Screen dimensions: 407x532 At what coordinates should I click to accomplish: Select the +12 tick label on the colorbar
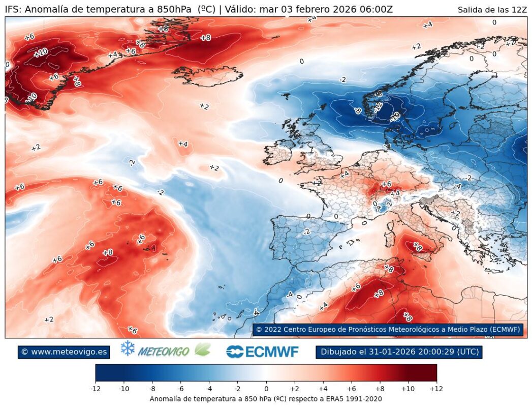pos(436,389)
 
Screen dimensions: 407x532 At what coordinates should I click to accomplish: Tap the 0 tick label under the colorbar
pos(266,389)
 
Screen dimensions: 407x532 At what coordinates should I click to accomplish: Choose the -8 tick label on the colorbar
pos(152,389)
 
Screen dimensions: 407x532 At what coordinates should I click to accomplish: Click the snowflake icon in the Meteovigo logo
pos(128,348)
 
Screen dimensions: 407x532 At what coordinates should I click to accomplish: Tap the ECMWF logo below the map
pos(263,352)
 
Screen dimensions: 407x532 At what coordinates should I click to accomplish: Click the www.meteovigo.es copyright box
pos(64,352)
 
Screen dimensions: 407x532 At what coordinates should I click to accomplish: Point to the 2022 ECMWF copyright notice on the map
pos(388,330)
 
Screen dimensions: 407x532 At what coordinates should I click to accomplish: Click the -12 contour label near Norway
pos(378,107)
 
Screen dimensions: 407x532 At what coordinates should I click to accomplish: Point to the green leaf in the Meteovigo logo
pos(203,350)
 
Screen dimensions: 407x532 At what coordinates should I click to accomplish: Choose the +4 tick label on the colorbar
pos(323,389)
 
